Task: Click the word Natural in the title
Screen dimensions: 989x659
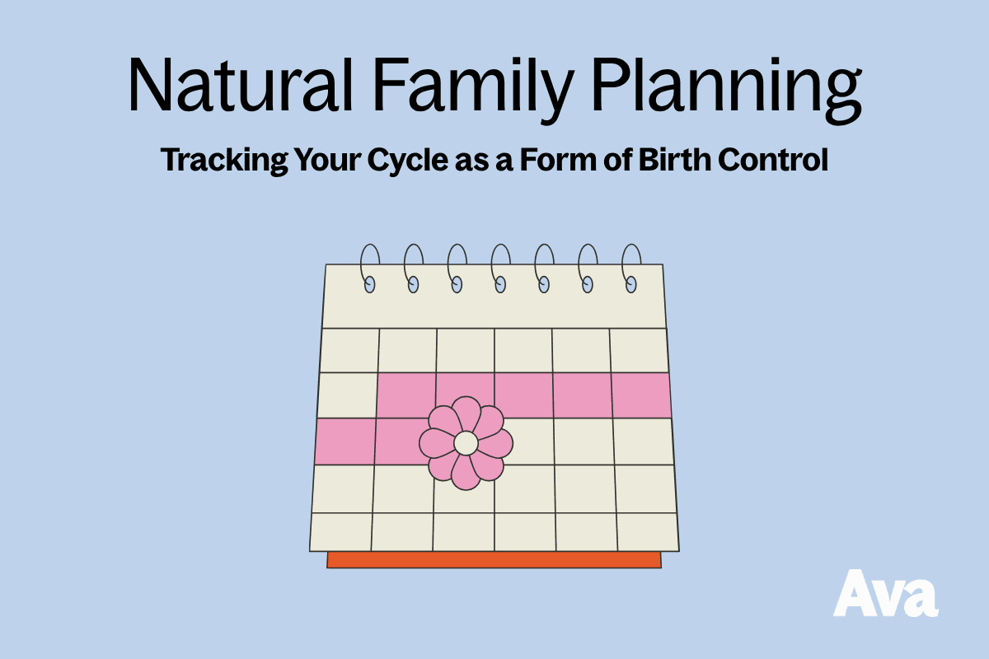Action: coord(241,85)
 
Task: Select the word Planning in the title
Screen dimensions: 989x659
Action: coord(726,91)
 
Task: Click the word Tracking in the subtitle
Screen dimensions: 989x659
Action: coord(224,161)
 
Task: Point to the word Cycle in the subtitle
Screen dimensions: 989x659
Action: coord(408,161)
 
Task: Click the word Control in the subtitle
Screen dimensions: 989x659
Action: coord(773,159)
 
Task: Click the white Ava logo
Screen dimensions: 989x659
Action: coord(886,593)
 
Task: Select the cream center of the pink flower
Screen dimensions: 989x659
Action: coord(466,443)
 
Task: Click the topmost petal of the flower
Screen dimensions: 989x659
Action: coord(466,414)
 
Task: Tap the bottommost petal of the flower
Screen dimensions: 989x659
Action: coord(466,473)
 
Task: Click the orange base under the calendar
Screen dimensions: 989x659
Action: coord(494,559)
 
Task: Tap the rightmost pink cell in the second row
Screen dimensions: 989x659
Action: coord(641,395)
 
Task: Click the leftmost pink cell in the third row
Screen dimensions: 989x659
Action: coord(345,442)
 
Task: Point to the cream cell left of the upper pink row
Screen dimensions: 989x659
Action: coord(348,395)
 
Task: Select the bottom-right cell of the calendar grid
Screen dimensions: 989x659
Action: coord(648,532)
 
